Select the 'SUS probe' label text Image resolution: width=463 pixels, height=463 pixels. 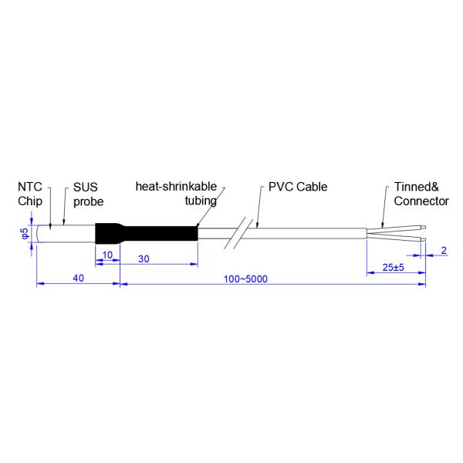click(x=88, y=194)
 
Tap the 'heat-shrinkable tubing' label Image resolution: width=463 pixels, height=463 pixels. click(x=176, y=194)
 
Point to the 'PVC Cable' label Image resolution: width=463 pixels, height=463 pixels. click(x=298, y=188)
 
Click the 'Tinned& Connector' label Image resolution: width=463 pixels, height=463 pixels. click(x=421, y=194)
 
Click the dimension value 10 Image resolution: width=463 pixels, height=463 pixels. click(x=106, y=255)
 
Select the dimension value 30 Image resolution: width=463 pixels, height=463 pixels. click(x=144, y=259)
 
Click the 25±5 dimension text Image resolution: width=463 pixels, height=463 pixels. click(x=394, y=267)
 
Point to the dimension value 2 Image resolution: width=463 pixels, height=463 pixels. click(x=444, y=251)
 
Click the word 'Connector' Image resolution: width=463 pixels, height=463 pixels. click(x=421, y=201)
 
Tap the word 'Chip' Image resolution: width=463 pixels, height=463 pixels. click(x=28, y=201)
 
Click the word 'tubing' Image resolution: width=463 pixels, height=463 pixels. click(x=200, y=201)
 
